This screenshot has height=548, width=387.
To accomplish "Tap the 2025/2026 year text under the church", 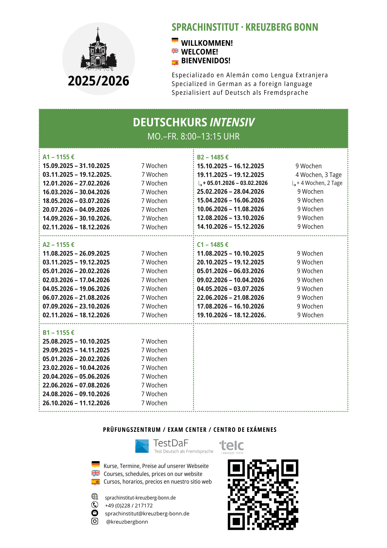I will (99, 81).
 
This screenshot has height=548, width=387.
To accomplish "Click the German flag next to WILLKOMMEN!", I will (175, 41).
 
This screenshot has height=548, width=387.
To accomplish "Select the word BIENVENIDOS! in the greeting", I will (206, 61).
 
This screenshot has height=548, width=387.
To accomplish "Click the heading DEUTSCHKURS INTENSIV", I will (193, 122).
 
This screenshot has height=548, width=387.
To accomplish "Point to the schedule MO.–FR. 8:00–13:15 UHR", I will (193, 136).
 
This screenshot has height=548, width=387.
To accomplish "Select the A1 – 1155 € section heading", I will (59, 157).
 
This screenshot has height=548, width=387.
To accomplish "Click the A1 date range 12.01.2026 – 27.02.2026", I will (76, 183).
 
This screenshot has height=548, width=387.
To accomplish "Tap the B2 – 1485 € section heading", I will (213, 157).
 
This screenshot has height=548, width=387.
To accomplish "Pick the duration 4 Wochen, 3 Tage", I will (319, 175).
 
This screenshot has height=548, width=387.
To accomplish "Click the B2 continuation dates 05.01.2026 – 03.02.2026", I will (237, 183).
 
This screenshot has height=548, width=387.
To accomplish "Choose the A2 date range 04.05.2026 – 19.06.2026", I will (76, 289).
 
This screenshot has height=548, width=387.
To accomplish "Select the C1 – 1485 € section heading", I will (213, 245).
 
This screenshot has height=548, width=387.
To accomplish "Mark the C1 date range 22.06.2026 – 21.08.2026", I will (230, 298).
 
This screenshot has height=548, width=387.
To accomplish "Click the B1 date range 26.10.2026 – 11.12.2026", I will (76, 403).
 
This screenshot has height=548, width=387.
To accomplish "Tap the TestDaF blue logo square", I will (142, 446).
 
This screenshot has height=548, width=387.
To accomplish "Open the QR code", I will (263, 495).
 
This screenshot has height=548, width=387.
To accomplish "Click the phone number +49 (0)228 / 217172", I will (129, 506).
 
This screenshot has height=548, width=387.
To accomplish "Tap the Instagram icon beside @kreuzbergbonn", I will (95, 521).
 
